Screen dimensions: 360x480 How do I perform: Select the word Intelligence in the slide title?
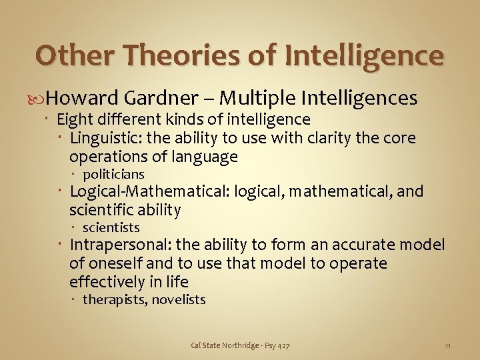pos(363,56)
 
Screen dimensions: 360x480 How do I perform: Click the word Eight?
pos(73,120)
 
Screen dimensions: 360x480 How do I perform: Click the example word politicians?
pos(113,175)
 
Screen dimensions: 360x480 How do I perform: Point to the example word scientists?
pos(111,228)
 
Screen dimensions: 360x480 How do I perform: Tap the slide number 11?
pos(448,345)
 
